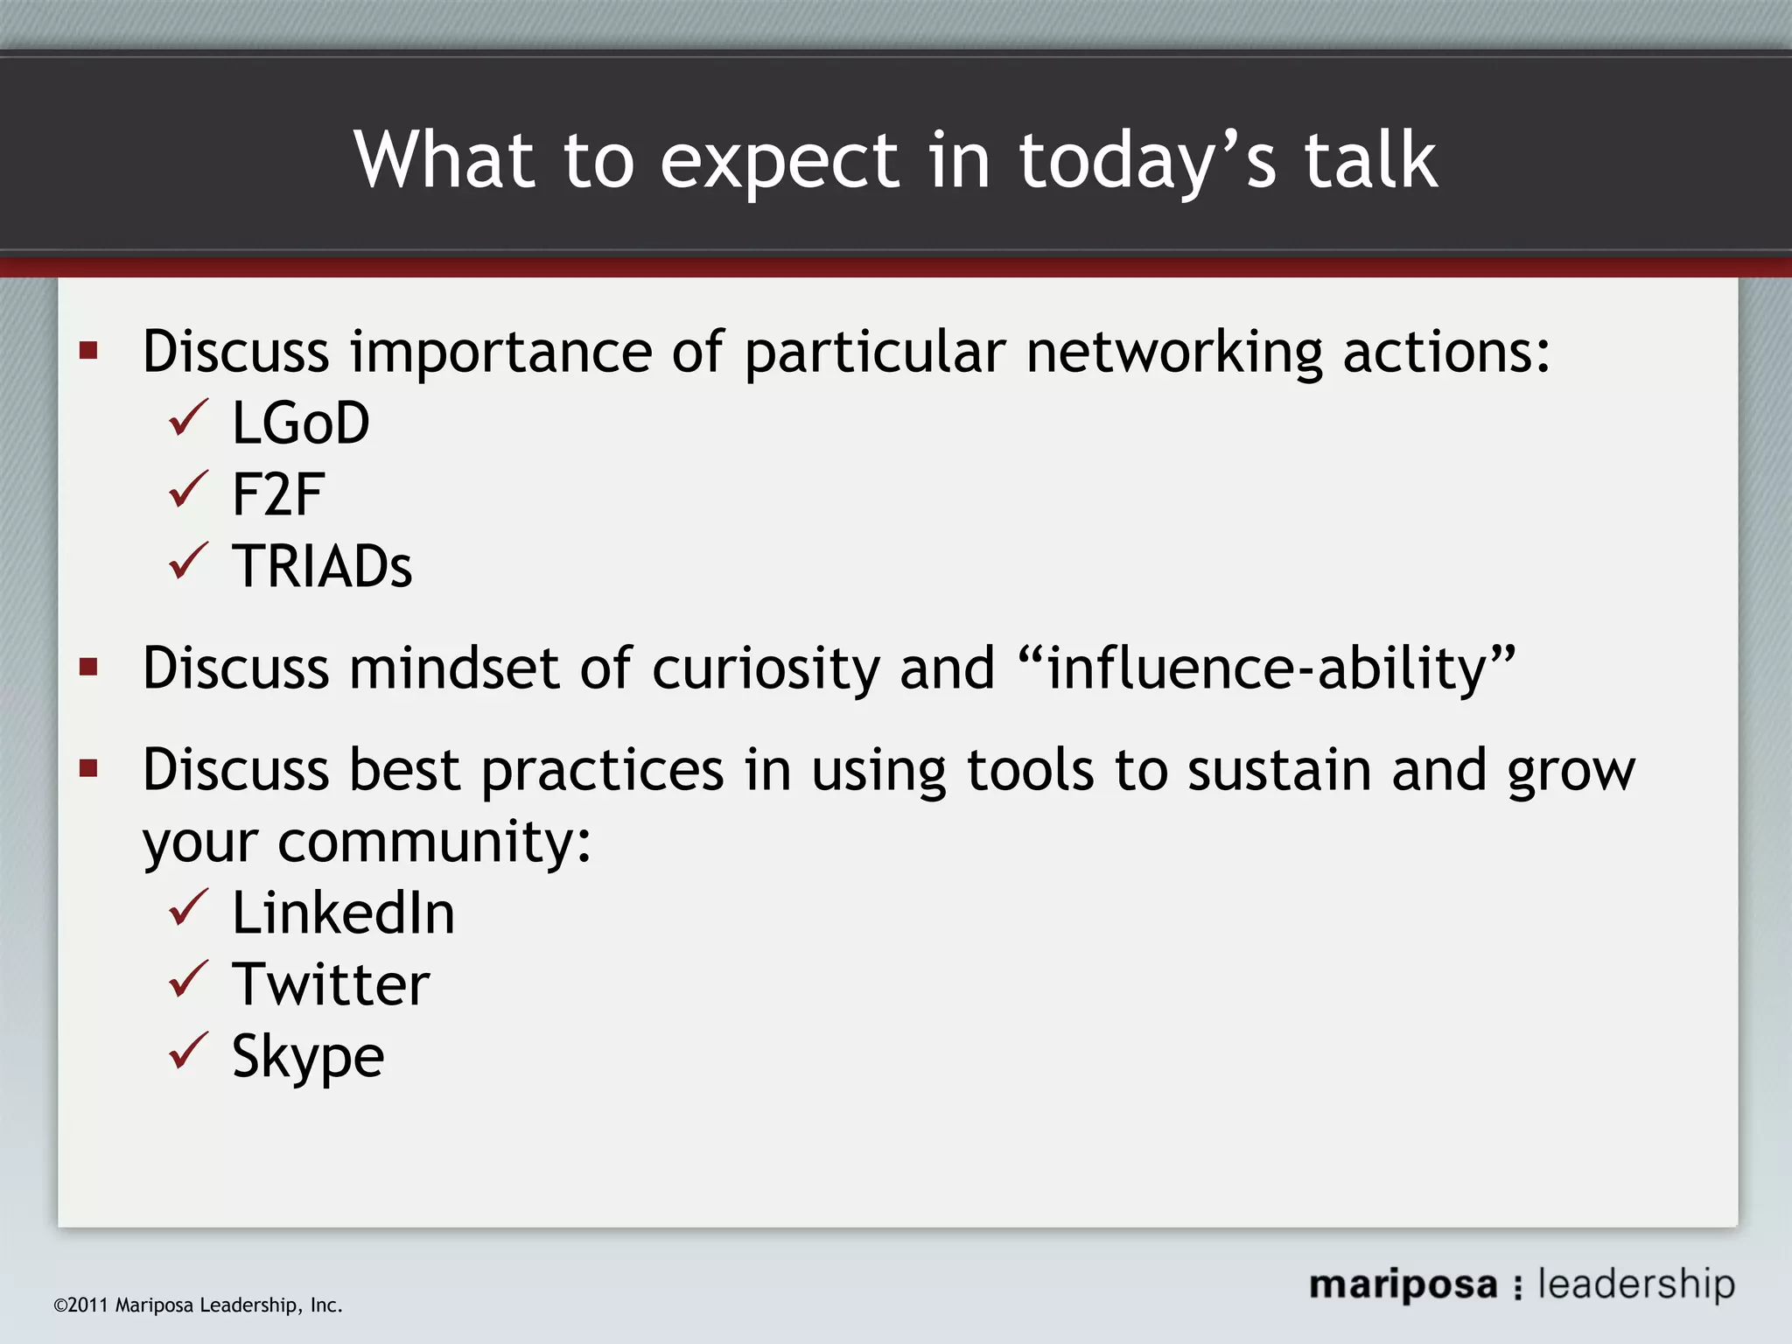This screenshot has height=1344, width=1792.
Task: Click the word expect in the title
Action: pos(780,162)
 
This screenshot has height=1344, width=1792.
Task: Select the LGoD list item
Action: pos(300,423)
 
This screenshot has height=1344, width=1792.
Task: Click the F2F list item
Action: pos(278,494)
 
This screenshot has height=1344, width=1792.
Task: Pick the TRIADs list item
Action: pos(321,566)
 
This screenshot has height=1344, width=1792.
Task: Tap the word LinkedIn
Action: pos(343,913)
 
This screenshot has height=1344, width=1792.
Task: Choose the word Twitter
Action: pos(331,984)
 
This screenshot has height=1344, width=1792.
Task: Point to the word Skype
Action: pos(308,1056)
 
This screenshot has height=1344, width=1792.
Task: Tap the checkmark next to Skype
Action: pos(187,1051)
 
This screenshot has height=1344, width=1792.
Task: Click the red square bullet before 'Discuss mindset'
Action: pos(88,668)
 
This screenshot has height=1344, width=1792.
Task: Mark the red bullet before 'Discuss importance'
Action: pos(88,352)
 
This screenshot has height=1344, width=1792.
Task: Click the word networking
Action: pos(1173,353)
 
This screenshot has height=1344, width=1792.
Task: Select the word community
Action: pos(434,842)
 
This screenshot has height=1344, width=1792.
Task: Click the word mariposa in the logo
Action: pos(1403,1285)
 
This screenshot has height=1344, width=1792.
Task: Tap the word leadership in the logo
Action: pos(1635,1284)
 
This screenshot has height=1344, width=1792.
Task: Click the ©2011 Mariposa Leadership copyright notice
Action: pos(198,1305)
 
